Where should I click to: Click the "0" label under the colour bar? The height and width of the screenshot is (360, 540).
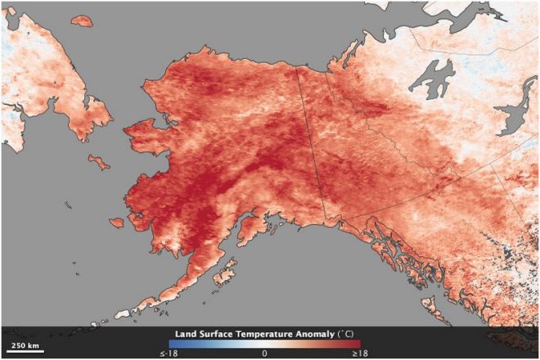pos(264,353)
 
